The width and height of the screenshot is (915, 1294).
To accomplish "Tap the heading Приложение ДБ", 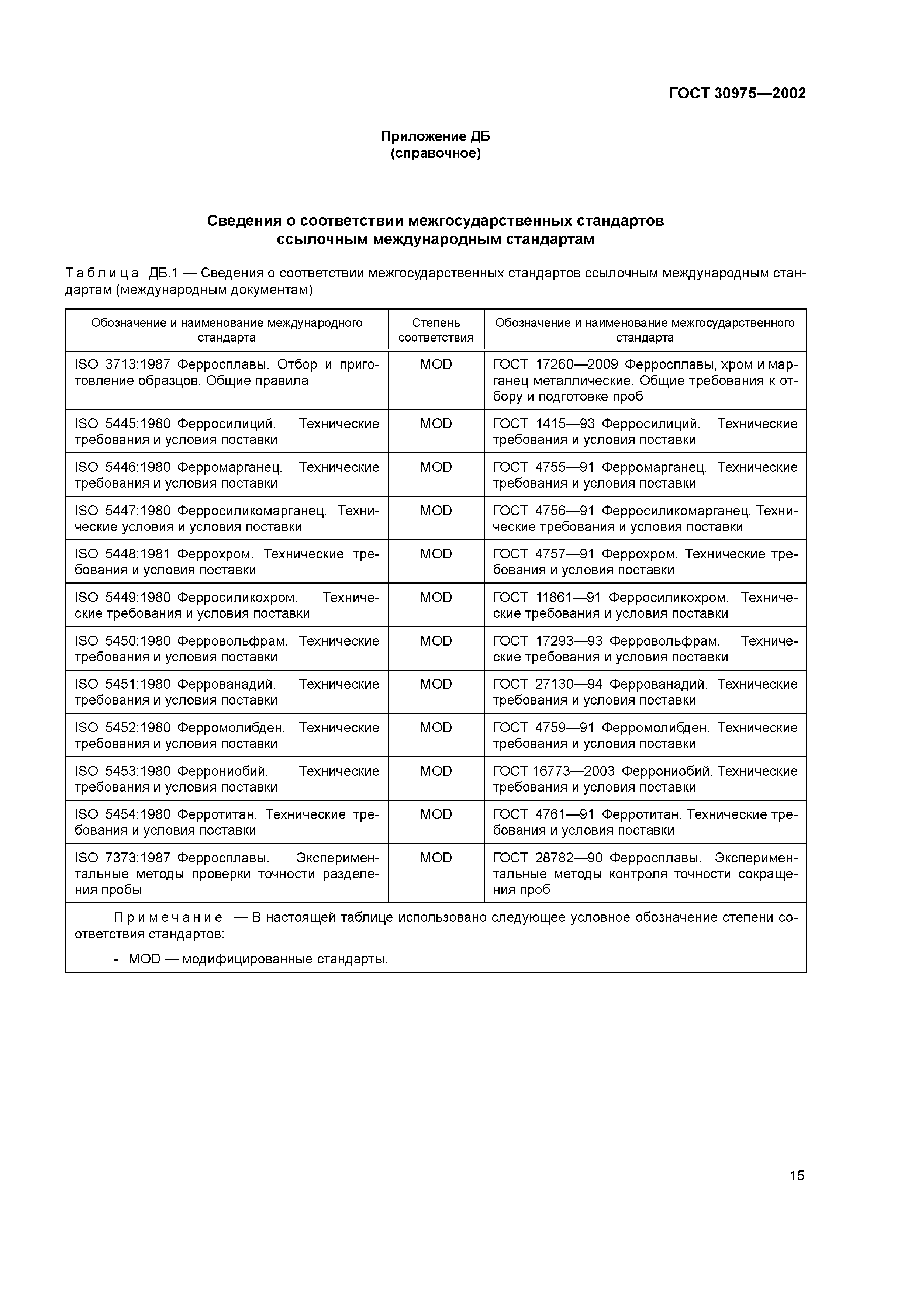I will coord(435,136).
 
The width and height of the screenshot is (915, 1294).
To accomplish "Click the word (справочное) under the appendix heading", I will coord(435,153).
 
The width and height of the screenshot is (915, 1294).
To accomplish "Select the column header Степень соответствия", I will coord(435,330).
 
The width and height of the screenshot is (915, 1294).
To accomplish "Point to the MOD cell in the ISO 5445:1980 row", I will coord(435,424).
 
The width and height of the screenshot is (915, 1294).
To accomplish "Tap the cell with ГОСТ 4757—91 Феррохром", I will coord(645,561).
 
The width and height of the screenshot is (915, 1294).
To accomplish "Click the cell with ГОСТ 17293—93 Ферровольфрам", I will coord(645,649).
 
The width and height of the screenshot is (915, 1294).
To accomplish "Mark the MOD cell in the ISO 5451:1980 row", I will coord(435,684).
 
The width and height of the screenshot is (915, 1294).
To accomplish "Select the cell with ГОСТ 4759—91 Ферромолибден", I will coord(645,736).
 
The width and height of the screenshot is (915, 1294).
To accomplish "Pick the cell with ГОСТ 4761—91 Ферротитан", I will coord(645,822).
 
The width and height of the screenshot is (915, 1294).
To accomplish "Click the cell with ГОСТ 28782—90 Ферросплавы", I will coord(645,873).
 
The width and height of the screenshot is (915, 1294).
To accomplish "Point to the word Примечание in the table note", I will coord(168,918).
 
